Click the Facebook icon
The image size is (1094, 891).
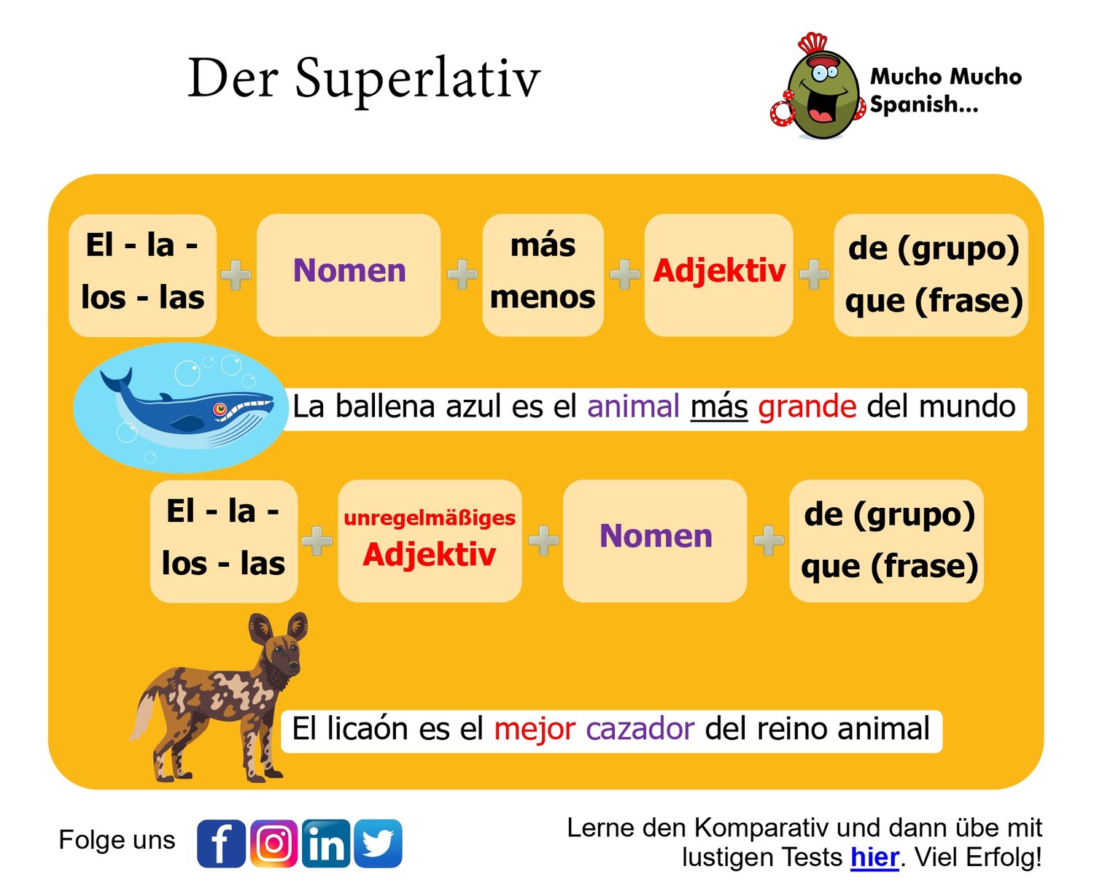(x=222, y=844)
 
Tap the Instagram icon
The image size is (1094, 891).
(x=273, y=844)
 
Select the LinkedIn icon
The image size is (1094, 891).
(x=326, y=844)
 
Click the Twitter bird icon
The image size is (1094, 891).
(x=378, y=844)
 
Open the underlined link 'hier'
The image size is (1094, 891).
(x=874, y=857)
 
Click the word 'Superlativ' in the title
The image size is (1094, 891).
(x=418, y=80)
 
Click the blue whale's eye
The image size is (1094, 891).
(x=220, y=409)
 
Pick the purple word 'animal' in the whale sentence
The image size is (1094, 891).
(x=633, y=406)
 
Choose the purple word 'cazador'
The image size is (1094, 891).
(x=640, y=729)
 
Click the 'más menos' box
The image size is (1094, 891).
(x=543, y=275)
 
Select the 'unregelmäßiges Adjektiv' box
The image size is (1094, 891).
(x=430, y=541)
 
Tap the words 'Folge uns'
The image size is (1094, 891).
(x=117, y=841)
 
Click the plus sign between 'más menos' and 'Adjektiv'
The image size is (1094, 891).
(x=624, y=274)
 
